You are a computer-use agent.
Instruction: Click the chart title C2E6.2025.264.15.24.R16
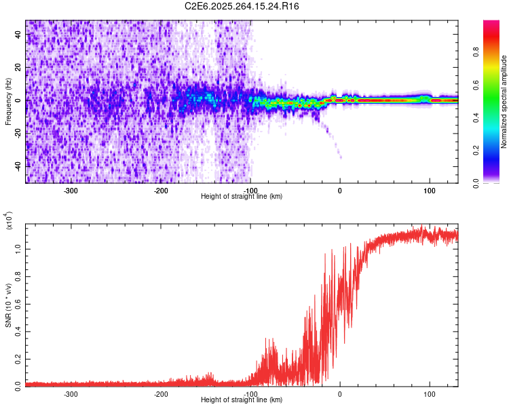[x=242, y=6]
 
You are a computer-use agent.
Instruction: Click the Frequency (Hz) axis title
[x=9, y=101]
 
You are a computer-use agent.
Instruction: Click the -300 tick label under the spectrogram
[x=71, y=190]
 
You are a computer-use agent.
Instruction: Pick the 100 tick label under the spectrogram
[x=429, y=190]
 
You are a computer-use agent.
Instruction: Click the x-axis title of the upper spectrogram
[x=242, y=196]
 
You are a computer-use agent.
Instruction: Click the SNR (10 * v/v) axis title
[x=9, y=305]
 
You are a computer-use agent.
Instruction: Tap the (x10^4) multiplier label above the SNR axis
[x=9, y=220]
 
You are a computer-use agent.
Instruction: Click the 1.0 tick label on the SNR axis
[x=17, y=249]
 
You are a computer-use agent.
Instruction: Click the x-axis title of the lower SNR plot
[x=242, y=400]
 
